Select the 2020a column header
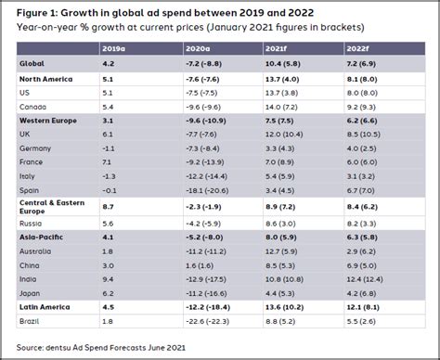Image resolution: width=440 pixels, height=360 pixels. point(203,46)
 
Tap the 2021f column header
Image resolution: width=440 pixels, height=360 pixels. point(278,46)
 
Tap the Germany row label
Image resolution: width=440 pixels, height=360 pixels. point(34,148)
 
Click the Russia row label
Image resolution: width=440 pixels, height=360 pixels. point(31,224)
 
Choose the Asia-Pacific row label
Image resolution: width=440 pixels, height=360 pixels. point(43,238)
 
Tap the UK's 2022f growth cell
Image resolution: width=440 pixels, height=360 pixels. point(365,134)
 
